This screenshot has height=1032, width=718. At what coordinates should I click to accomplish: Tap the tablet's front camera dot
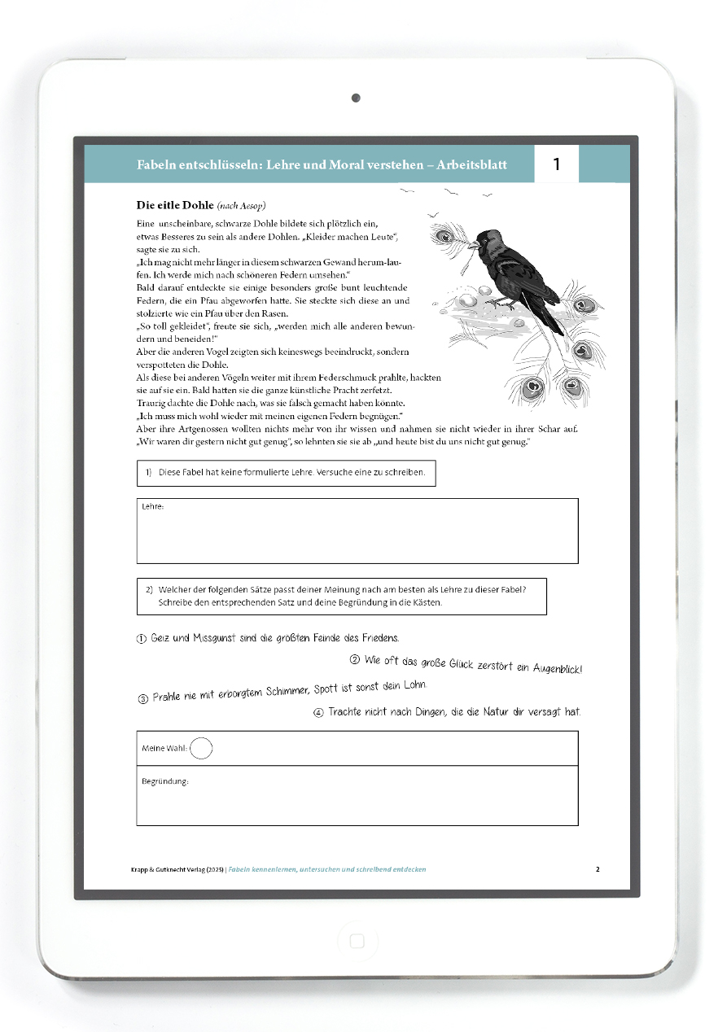(356, 98)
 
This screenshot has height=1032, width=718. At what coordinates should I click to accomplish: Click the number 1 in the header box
(557, 164)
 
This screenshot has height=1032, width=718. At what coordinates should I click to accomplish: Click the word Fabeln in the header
(156, 165)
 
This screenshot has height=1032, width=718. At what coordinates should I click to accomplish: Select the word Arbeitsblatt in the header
(471, 165)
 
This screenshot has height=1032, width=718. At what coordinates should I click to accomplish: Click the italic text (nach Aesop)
(242, 205)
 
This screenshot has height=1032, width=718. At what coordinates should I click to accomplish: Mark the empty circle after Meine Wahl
(201, 748)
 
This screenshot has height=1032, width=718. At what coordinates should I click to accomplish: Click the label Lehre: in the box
(153, 507)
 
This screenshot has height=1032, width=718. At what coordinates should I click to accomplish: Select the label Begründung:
(165, 781)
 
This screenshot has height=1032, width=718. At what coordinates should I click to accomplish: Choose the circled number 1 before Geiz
(142, 639)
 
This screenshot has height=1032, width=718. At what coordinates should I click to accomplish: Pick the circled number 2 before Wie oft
(355, 660)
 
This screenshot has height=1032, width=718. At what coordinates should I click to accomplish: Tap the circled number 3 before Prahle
(143, 698)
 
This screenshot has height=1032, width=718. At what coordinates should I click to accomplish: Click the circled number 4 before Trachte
(318, 713)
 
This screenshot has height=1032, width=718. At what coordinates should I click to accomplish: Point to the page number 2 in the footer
(598, 869)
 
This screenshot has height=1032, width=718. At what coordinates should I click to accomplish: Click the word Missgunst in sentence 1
(214, 638)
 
